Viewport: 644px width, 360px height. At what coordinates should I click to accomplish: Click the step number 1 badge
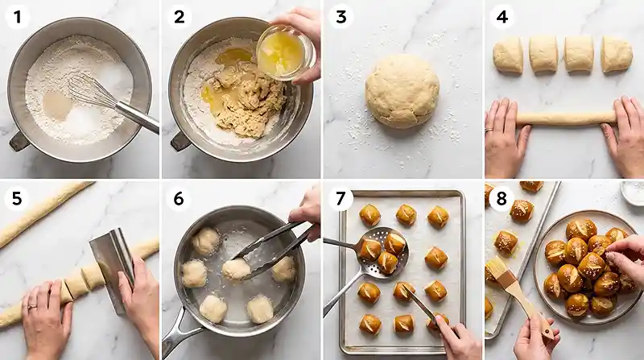pyautogui.click(x=17, y=17)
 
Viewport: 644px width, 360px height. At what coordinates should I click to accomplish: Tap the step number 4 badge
pyautogui.click(x=502, y=17)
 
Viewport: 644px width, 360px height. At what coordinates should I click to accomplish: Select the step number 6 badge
pyautogui.click(x=179, y=199)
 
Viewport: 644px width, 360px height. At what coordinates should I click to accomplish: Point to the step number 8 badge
pyautogui.click(x=501, y=199)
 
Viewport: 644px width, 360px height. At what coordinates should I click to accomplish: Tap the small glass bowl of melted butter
pyautogui.click(x=285, y=52)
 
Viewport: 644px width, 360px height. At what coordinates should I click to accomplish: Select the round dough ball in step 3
pyautogui.click(x=402, y=91)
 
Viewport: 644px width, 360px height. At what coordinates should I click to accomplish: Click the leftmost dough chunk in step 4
pyautogui.click(x=508, y=56)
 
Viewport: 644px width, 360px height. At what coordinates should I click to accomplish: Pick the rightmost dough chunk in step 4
pyautogui.click(x=617, y=54)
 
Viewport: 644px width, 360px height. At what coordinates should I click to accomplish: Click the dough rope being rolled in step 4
pyautogui.click(x=566, y=118)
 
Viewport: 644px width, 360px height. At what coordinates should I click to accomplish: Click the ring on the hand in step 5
pyautogui.click(x=32, y=306)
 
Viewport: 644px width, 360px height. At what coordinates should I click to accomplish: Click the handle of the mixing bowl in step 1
pyautogui.click(x=19, y=142)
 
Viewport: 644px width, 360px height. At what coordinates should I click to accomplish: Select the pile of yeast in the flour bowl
pyautogui.click(x=57, y=106)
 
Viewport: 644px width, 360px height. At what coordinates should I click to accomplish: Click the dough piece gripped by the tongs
pyautogui.click(x=236, y=269)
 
